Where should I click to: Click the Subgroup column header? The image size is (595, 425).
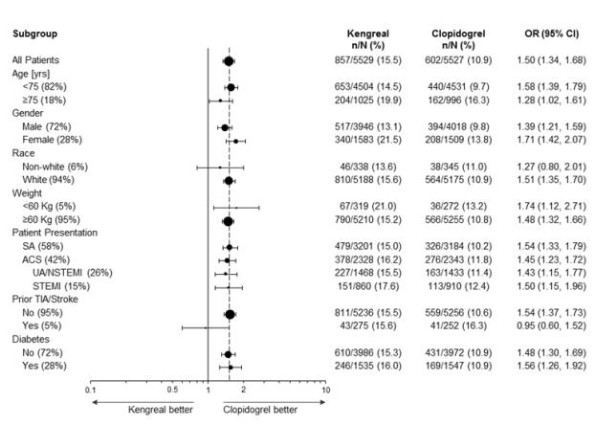tap(35, 34)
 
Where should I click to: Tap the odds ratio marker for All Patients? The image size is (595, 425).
tap(229, 60)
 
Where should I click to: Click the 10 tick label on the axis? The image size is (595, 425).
tap(325, 389)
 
